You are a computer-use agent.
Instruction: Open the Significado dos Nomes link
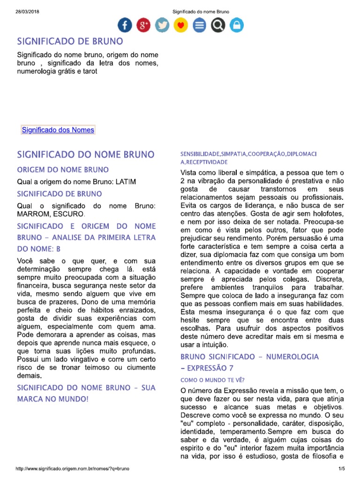click(58, 130)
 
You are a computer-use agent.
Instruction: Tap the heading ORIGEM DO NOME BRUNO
click(63, 170)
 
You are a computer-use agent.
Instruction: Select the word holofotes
click(327, 213)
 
